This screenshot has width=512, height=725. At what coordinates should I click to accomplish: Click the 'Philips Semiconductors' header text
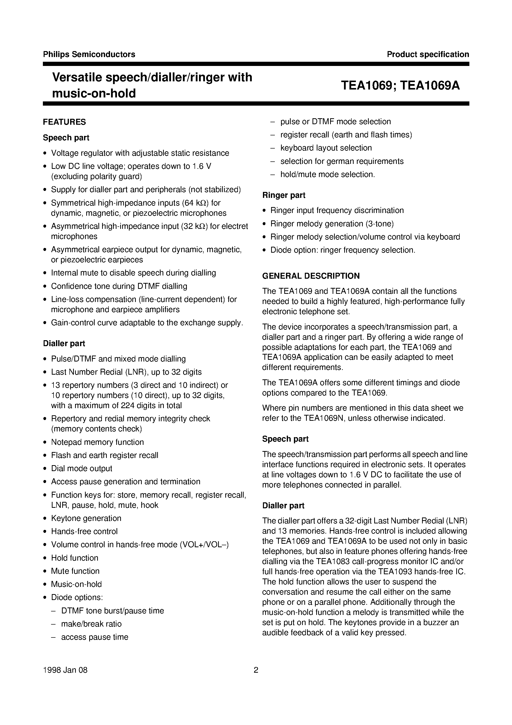click(x=89, y=54)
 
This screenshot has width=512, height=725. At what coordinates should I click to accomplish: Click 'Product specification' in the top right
click(x=428, y=54)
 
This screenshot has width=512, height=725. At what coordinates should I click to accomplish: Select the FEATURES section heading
click(x=64, y=122)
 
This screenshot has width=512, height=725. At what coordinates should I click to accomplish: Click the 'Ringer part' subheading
click(x=284, y=195)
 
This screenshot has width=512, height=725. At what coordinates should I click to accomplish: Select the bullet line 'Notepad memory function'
click(x=97, y=442)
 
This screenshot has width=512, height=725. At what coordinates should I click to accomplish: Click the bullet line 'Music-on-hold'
click(x=76, y=584)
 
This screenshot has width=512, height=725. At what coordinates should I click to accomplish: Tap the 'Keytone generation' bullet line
click(x=86, y=518)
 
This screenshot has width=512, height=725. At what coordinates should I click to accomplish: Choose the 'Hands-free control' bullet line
click(x=84, y=531)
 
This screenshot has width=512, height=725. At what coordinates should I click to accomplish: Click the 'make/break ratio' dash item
click(x=91, y=624)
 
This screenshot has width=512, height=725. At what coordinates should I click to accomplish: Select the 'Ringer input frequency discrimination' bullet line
click(x=337, y=210)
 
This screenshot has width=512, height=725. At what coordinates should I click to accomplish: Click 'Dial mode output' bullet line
click(x=82, y=468)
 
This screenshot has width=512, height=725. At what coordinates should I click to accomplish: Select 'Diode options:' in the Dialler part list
click(x=77, y=597)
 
